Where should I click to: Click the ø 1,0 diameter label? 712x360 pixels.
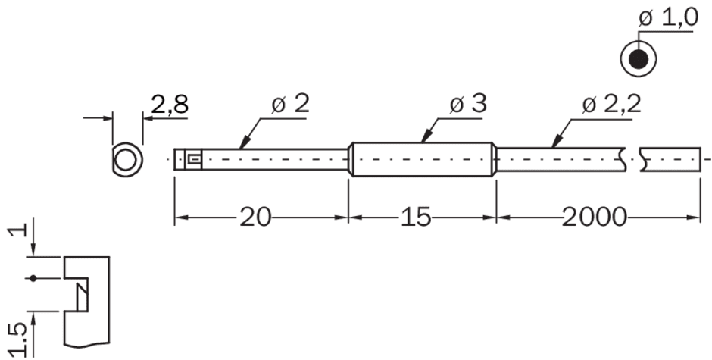[668, 18]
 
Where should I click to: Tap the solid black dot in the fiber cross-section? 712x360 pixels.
[639, 60]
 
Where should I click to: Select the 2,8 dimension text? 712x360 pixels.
[169, 105]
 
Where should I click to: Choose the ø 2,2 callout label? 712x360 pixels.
[611, 105]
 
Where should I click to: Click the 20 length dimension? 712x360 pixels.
[255, 218]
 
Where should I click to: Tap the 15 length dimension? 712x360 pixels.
[415, 218]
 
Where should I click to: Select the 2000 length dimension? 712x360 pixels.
[595, 218]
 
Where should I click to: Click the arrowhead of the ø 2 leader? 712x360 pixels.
[243, 143]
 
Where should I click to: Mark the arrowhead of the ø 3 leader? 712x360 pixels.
[425, 137]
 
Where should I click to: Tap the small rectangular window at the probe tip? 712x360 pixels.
[194, 159]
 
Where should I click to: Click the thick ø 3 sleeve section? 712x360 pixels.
[423, 160]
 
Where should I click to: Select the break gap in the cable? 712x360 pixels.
[632, 160]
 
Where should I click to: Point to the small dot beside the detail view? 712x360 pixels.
[33, 278]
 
